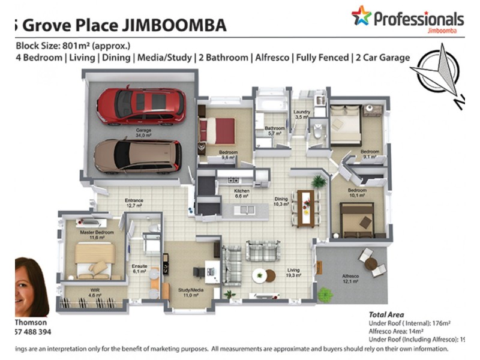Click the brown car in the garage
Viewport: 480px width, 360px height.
pos(137,156)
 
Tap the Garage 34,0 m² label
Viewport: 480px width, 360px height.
pos(143,133)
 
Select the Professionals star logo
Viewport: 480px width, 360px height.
pos(361,17)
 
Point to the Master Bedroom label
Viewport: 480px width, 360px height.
pos(92,233)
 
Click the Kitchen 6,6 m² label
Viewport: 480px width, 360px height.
pos(241,193)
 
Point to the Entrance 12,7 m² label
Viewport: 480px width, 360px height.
pos(134,203)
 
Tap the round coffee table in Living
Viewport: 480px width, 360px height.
pos(259,277)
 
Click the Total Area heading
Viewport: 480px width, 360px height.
pos(386,314)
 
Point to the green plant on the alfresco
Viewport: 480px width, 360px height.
pos(325,295)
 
